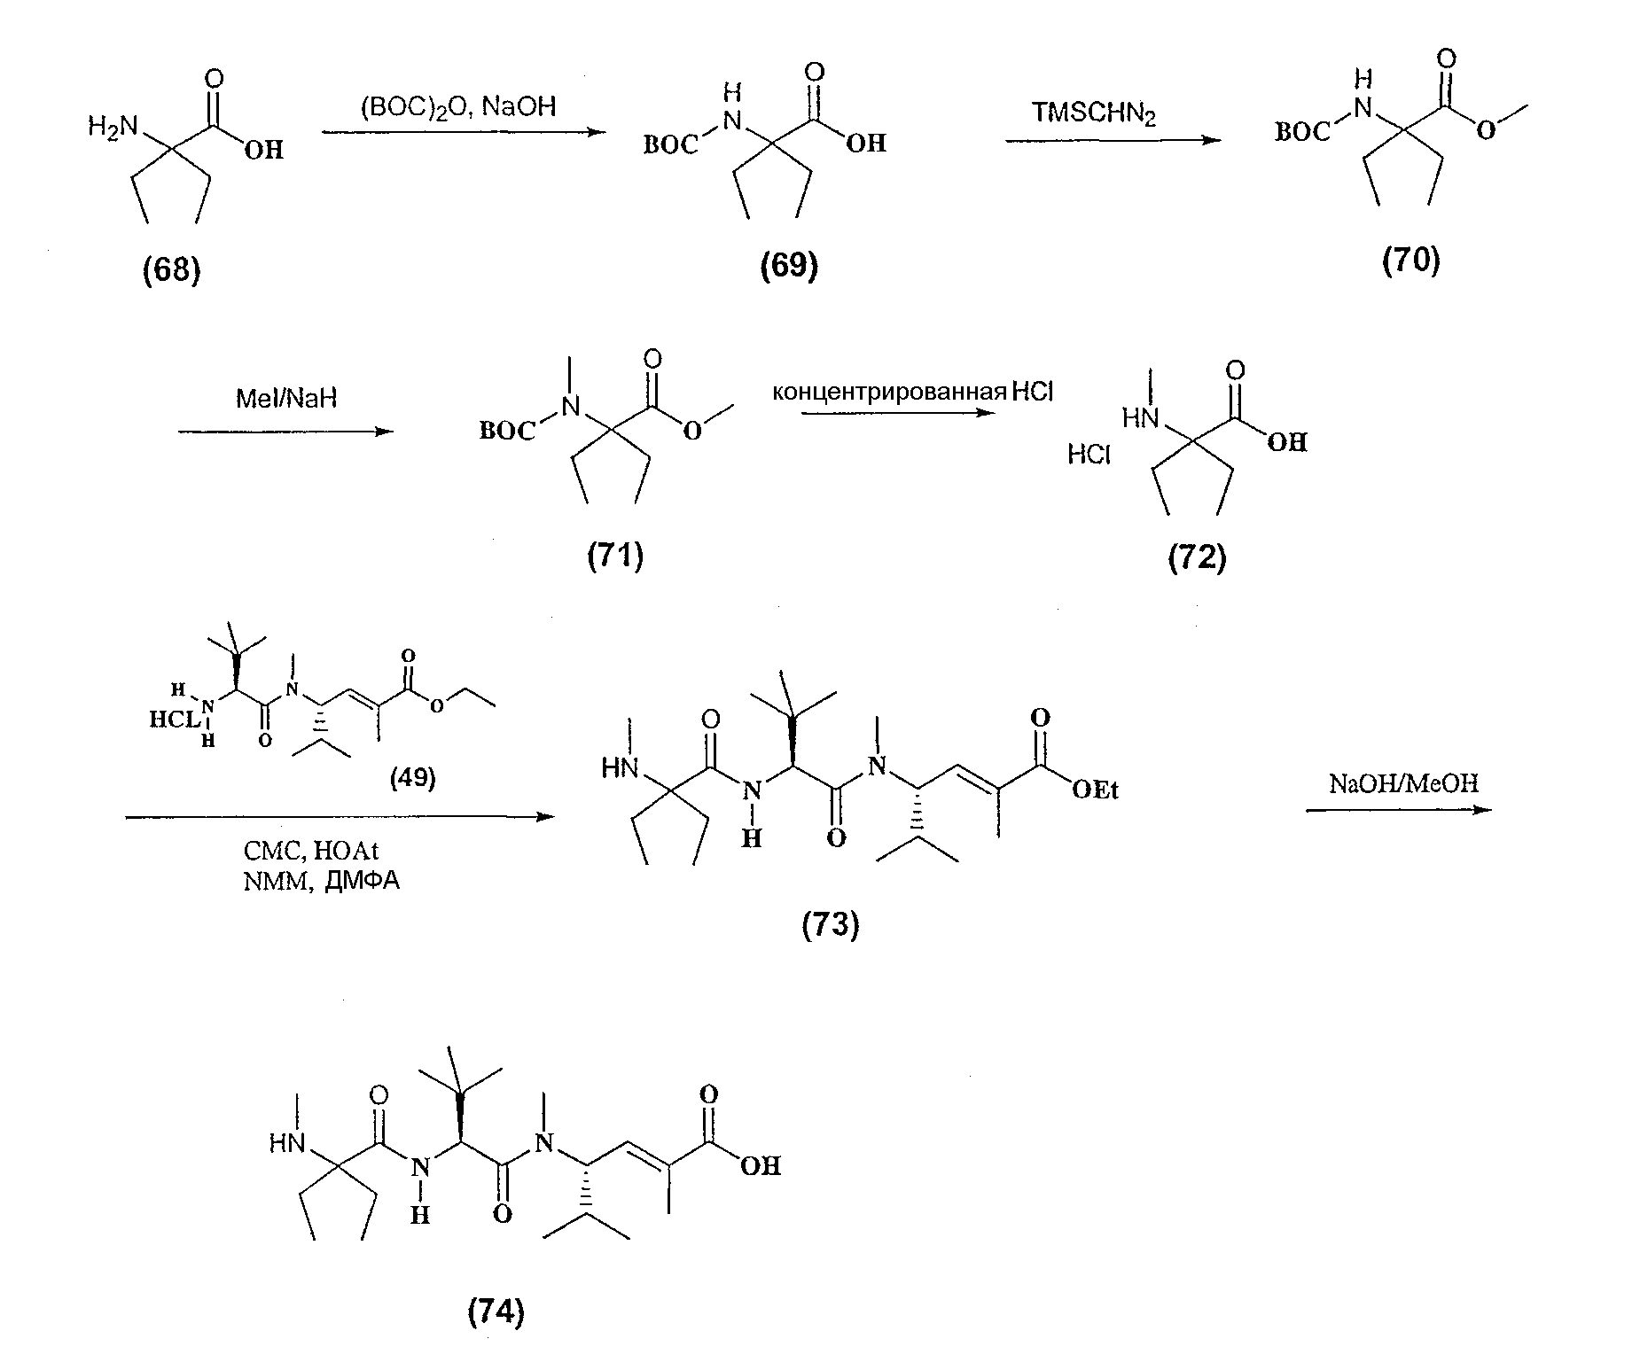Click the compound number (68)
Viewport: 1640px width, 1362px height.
tap(172, 269)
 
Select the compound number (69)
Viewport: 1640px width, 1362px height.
tap(789, 265)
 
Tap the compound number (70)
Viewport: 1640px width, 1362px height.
tap(1411, 260)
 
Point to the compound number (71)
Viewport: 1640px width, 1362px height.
tap(615, 556)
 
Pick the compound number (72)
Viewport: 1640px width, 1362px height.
tap(1197, 557)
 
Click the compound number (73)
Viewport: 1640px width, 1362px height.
tap(831, 925)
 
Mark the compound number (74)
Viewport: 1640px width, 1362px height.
tap(496, 1311)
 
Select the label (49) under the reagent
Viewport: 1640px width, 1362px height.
tap(413, 777)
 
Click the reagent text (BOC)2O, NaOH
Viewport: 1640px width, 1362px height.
tap(458, 107)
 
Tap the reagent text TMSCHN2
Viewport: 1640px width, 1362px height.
tap(1094, 114)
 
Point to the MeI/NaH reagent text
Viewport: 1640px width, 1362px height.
tap(286, 399)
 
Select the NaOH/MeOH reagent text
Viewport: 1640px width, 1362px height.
tap(1403, 783)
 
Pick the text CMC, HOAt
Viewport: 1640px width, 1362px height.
tap(310, 852)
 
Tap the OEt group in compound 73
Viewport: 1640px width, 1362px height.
tap(1095, 789)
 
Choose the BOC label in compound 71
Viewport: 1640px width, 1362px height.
tap(508, 432)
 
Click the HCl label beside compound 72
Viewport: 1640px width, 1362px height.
tap(1089, 455)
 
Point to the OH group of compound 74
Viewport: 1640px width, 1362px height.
tap(761, 1166)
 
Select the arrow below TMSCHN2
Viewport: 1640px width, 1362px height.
tap(1113, 140)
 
